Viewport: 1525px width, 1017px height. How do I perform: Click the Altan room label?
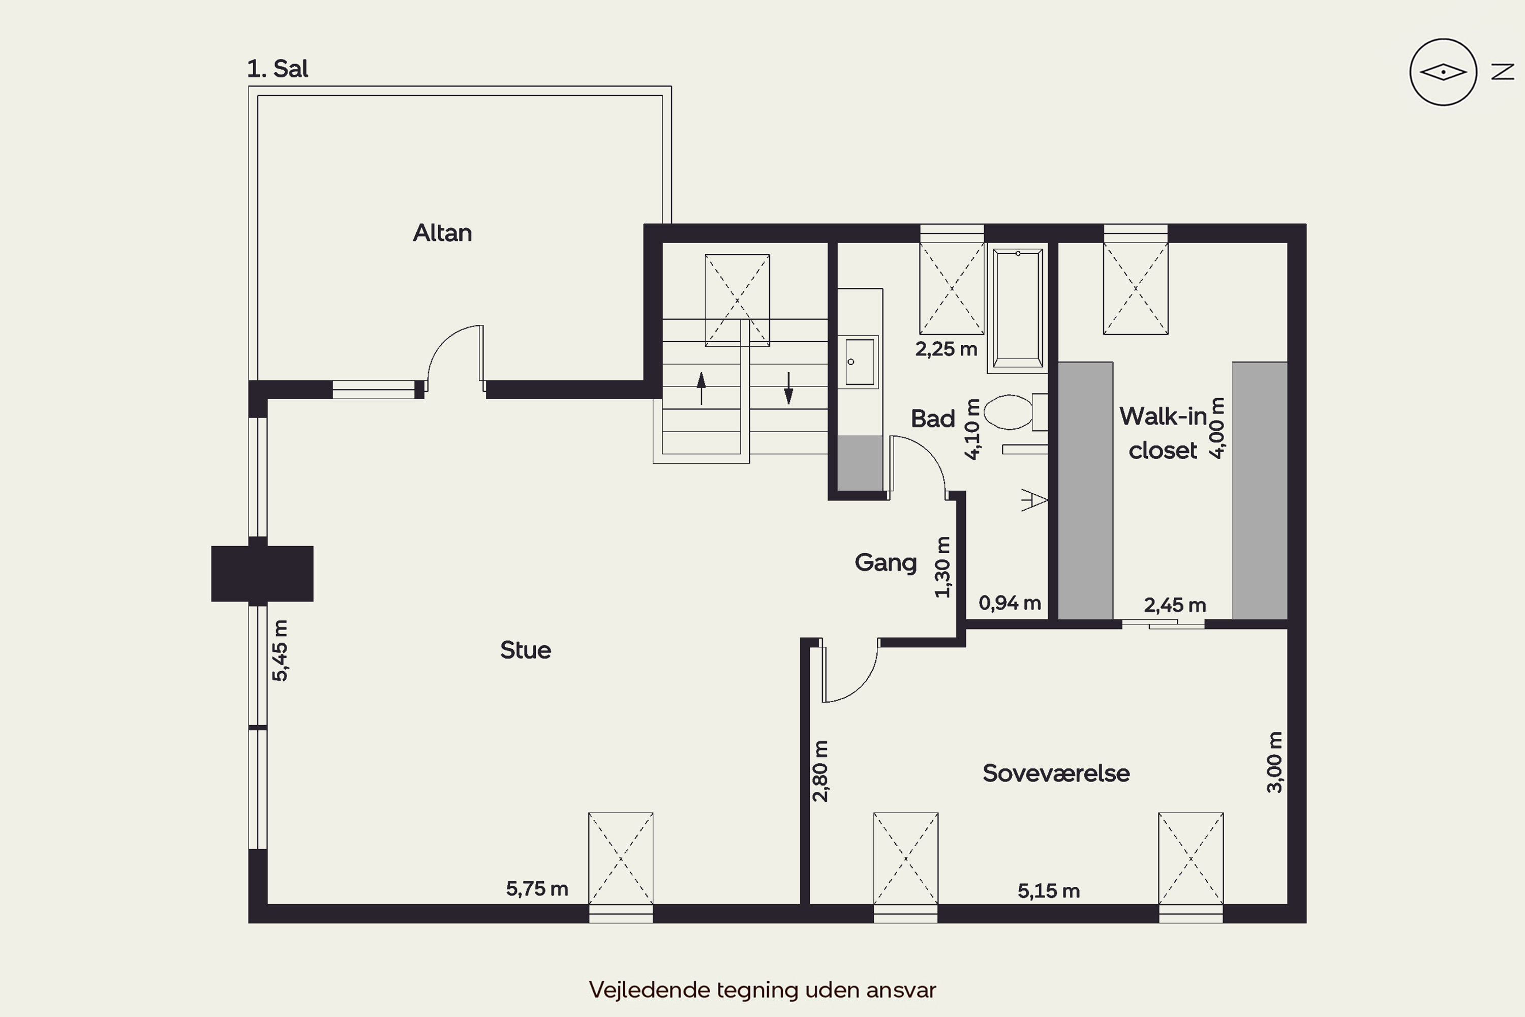442,233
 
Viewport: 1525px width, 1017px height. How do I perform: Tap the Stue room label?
525,650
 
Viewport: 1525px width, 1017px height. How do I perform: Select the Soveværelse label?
1056,773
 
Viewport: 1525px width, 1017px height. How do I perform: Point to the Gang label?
886,563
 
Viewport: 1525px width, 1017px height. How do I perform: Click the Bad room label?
933,418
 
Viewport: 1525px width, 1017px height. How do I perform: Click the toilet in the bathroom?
1015,412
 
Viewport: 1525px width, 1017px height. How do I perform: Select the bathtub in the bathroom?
1018,308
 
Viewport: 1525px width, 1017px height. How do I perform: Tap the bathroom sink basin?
859,361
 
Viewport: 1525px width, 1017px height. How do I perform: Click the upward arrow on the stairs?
701,388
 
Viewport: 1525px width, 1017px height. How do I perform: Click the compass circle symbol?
1443,72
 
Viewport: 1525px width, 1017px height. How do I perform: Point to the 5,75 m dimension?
537,888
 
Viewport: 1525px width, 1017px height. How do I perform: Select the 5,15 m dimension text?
1048,891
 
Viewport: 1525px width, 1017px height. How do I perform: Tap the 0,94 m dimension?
1010,603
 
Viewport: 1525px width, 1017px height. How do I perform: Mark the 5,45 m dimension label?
280,650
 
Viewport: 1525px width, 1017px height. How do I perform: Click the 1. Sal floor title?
278,69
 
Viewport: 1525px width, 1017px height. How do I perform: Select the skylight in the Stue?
621,858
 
